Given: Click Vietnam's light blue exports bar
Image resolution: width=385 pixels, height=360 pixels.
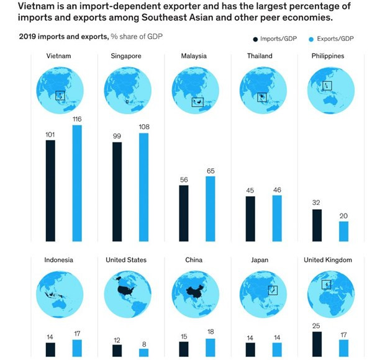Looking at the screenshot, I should (x=77, y=183).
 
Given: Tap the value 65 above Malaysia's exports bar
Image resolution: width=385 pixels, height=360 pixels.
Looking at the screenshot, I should (x=210, y=170).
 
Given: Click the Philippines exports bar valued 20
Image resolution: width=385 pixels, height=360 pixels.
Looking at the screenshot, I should (x=343, y=231).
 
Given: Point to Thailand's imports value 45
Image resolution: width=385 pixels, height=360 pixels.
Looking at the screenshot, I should (x=250, y=191).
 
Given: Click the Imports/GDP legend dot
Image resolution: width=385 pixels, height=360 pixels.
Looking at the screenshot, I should (x=255, y=39).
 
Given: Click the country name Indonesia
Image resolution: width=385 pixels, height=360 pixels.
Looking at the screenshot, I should (x=58, y=260).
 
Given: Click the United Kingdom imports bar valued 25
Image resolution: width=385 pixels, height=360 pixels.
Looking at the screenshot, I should (x=317, y=344).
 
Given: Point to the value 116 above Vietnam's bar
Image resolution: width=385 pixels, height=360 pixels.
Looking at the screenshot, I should (x=77, y=119).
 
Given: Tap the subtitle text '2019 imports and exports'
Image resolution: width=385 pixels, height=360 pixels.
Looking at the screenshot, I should (x=63, y=37).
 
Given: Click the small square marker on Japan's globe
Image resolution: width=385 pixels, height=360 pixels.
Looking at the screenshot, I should (x=271, y=290).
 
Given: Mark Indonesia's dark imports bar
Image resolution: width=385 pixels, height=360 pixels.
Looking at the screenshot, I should (x=50, y=349).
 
